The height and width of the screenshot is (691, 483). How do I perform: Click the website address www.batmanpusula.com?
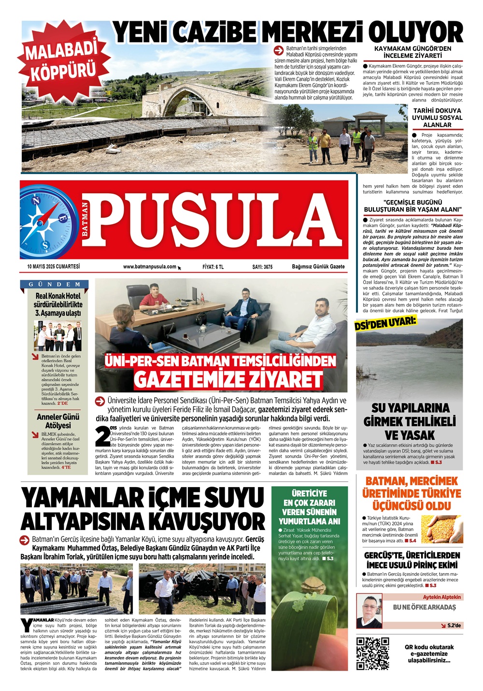point(150,267)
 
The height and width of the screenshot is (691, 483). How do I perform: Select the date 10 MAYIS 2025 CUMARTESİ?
point(54,267)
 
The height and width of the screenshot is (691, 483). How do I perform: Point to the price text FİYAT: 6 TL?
point(213,267)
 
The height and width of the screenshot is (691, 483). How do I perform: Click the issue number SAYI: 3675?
point(262,267)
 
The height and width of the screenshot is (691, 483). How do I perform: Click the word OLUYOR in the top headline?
point(415,33)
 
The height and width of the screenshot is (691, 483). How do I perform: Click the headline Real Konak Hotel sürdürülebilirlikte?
point(58,300)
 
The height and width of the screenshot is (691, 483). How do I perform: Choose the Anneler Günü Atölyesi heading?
point(58,421)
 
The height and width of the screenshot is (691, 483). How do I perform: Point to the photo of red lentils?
point(441,529)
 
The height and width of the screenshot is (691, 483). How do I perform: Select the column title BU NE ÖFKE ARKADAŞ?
point(424,607)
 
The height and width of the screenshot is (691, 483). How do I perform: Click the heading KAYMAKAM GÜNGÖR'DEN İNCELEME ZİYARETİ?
point(412,52)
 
